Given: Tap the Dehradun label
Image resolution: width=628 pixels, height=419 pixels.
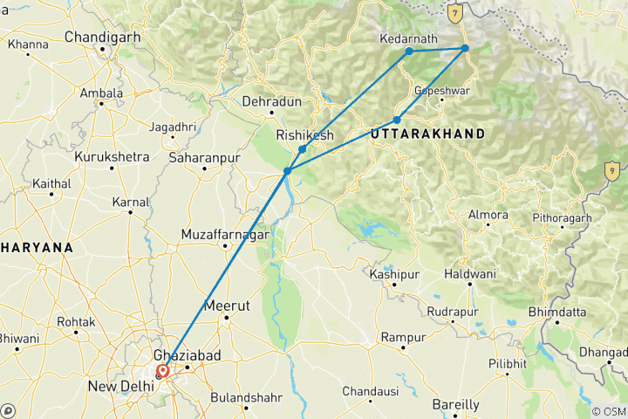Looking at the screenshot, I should click(x=271, y=101).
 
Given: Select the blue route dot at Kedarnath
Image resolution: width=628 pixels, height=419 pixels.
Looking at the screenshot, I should click(x=409, y=52).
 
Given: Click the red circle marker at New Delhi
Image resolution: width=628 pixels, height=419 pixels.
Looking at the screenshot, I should click(x=163, y=371).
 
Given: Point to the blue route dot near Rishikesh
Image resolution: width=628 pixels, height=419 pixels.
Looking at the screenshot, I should click(x=302, y=149).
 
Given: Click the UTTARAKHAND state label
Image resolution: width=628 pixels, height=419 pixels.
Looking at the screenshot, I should click(x=427, y=134).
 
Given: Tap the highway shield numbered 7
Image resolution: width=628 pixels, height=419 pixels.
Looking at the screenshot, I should click(x=454, y=13).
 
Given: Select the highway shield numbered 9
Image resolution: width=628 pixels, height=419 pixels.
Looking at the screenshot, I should click(x=613, y=171).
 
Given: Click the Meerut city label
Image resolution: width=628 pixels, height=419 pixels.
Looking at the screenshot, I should click(x=226, y=306).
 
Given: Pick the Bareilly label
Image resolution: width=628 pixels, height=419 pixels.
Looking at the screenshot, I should click(x=456, y=404).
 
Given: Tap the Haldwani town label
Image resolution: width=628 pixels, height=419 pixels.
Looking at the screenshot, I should click(x=470, y=274).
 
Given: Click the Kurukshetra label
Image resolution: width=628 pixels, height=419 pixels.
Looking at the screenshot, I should click(x=112, y=156).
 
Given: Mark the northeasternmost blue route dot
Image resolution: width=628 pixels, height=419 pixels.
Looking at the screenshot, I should click(x=465, y=48).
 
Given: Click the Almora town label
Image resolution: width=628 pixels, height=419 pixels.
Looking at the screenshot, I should click(x=488, y=215).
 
